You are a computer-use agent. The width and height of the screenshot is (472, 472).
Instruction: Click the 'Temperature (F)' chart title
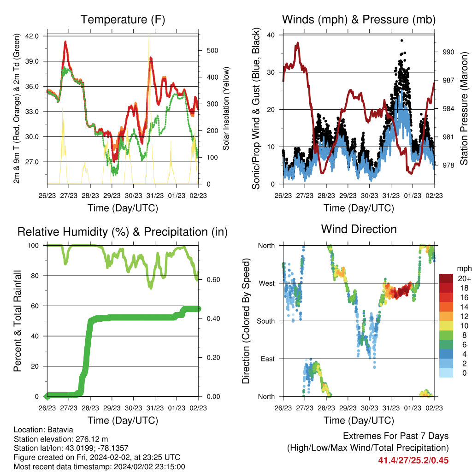[123, 19]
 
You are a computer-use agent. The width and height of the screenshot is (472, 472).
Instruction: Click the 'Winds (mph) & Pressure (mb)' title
[359, 19]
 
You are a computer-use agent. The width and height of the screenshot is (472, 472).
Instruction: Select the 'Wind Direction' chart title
[359, 229]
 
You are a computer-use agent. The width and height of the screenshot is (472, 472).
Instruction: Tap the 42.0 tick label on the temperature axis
[32, 36]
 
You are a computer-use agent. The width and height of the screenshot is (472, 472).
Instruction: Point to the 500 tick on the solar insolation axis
[212, 50]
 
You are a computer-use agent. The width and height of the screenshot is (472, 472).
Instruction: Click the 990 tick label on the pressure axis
[448, 52]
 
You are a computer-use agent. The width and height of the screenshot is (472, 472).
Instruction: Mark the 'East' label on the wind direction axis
[268, 359]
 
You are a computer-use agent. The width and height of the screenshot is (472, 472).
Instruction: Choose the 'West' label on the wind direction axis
[267, 283]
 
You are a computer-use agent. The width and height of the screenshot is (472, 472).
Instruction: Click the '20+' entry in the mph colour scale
[464, 278]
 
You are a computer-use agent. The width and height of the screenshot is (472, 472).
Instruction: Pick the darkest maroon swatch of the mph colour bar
[446, 278]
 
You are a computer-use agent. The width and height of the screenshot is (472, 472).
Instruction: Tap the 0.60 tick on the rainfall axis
[213, 280]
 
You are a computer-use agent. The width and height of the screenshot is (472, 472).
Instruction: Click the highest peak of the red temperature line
[65, 42]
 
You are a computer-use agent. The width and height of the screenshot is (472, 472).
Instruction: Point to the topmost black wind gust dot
[401, 41]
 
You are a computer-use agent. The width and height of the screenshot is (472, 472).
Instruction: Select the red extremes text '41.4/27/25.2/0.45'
[413, 460]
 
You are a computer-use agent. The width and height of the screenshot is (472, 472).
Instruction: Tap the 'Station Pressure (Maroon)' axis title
[464, 108]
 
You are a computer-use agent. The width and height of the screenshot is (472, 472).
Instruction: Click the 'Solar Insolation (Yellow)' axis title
[226, 108]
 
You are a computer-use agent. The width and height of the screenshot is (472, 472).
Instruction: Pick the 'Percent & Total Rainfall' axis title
[18, 321]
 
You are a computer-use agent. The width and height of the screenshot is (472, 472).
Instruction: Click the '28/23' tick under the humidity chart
[90, 408]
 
